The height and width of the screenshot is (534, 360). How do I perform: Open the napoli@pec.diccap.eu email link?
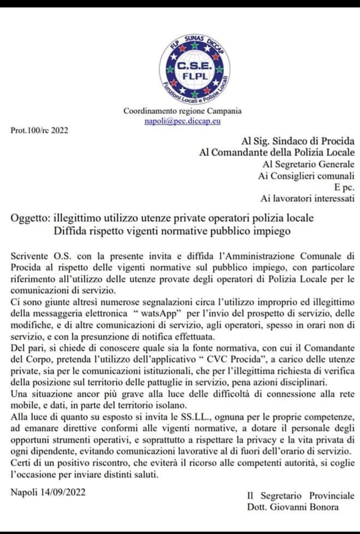point(182,121)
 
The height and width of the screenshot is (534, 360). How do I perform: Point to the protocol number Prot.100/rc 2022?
point(39,130)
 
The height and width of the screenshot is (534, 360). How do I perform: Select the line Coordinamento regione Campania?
point(182,111)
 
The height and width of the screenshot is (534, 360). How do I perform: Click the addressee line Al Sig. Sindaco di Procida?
point(298,141)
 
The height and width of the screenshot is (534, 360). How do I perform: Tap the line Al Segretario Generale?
point(308,164)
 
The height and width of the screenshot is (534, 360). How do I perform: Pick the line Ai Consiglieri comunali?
point(306,176)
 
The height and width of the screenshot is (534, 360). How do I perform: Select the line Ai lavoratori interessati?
point(307,199)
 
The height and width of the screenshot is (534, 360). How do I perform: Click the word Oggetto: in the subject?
point(31,218)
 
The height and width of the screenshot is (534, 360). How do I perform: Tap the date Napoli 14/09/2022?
point(48,492)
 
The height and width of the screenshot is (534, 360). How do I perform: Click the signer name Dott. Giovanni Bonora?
point(293,507)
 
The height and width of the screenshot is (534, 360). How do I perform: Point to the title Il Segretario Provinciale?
point(300,496)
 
